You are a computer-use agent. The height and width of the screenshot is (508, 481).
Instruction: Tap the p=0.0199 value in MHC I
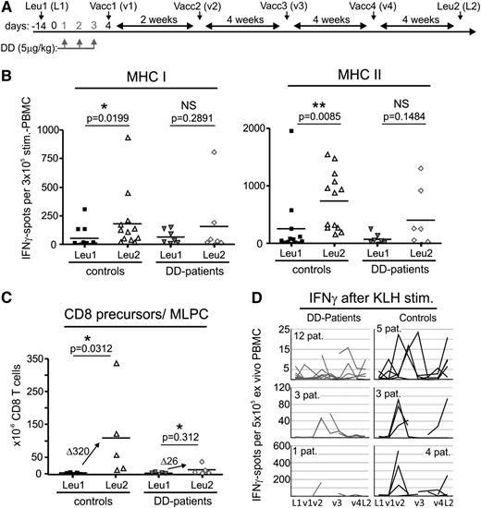tap(91, 121)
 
